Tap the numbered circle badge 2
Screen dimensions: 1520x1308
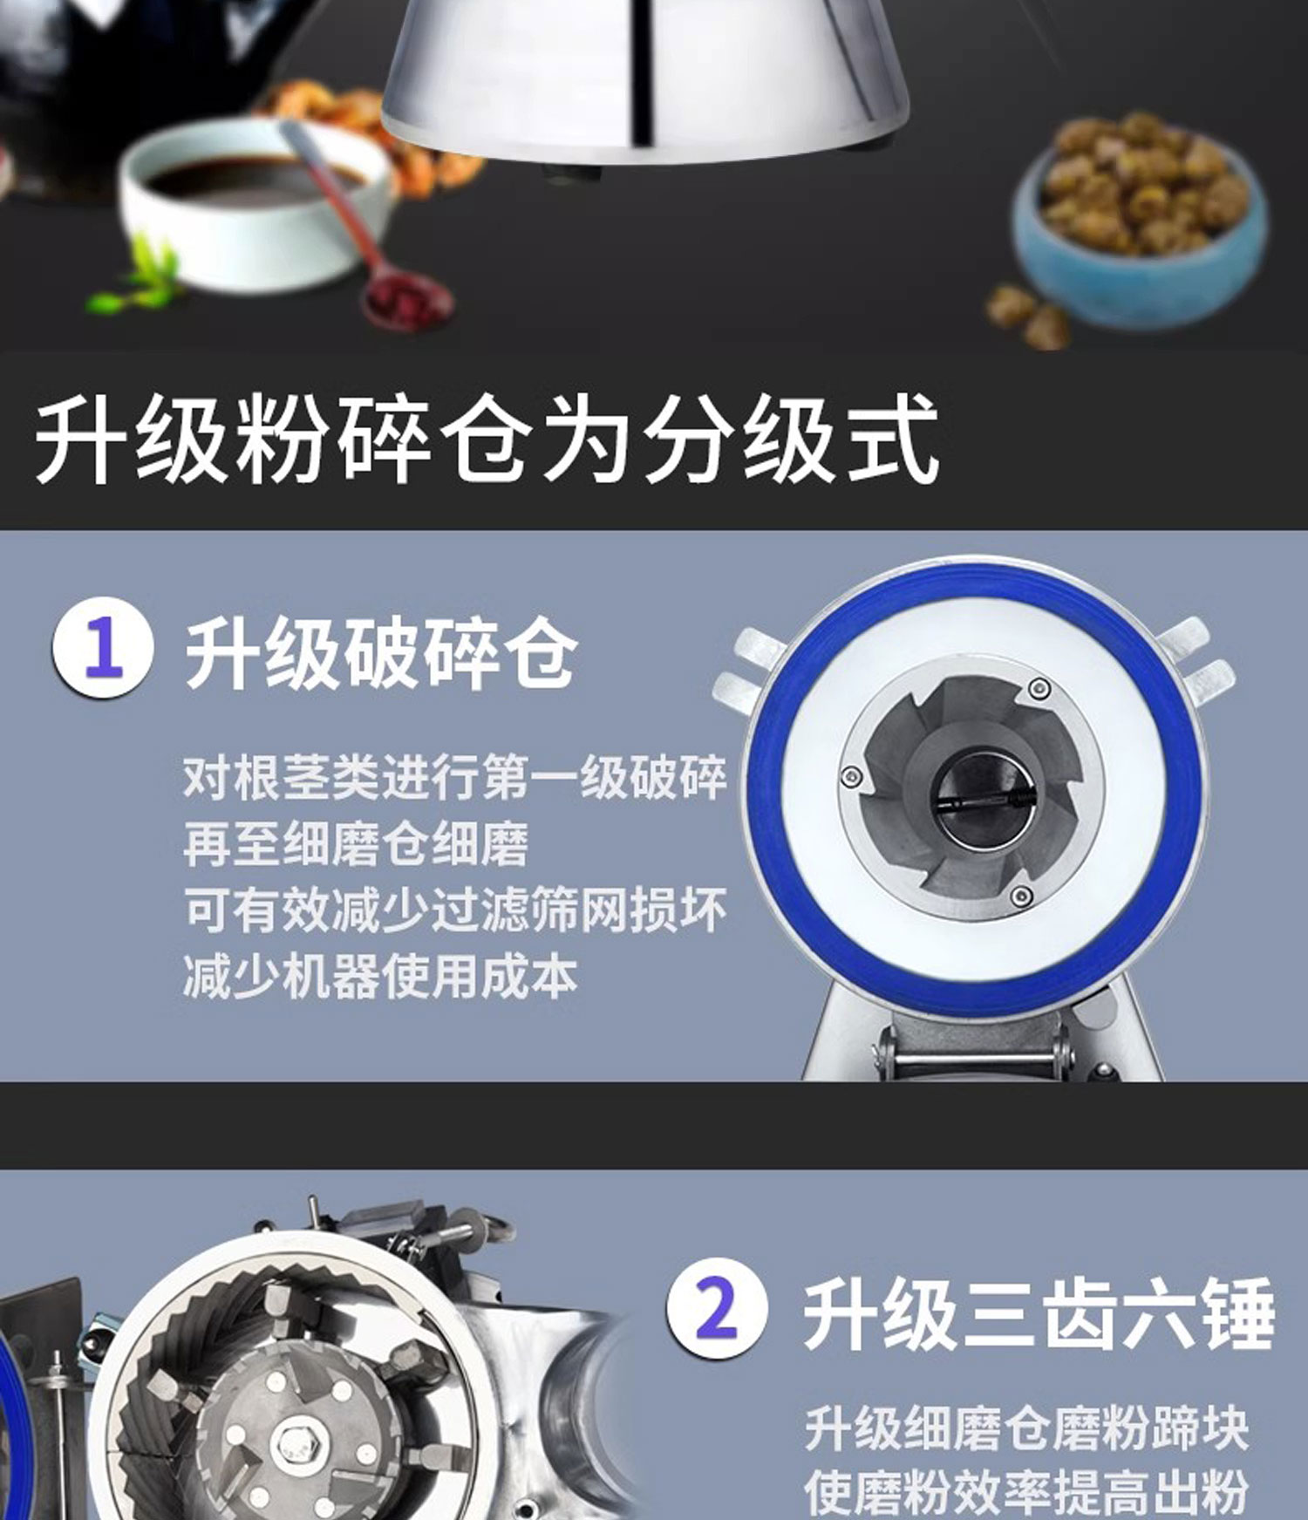pyautogui.click(x=717, y=1309)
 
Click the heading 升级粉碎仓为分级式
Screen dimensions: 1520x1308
pyautogui.click(x=486, y=439)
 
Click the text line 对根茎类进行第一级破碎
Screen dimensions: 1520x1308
pyautogui.click(x=454, y=776)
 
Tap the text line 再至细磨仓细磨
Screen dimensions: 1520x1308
pyautogui.click(x=356, y=842)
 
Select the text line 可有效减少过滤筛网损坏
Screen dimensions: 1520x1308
pyautogui.click(x=454, y=910)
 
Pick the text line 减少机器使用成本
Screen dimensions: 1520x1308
pyautogui.click(x=380, y=976)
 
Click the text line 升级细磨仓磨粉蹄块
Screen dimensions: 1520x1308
pyautogui.click(x=1025, y=1428)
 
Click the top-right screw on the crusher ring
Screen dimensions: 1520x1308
pyautogui.click(x=1038, y=688)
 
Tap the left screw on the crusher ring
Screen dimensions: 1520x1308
pyautogui.click(x=852, y=775)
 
